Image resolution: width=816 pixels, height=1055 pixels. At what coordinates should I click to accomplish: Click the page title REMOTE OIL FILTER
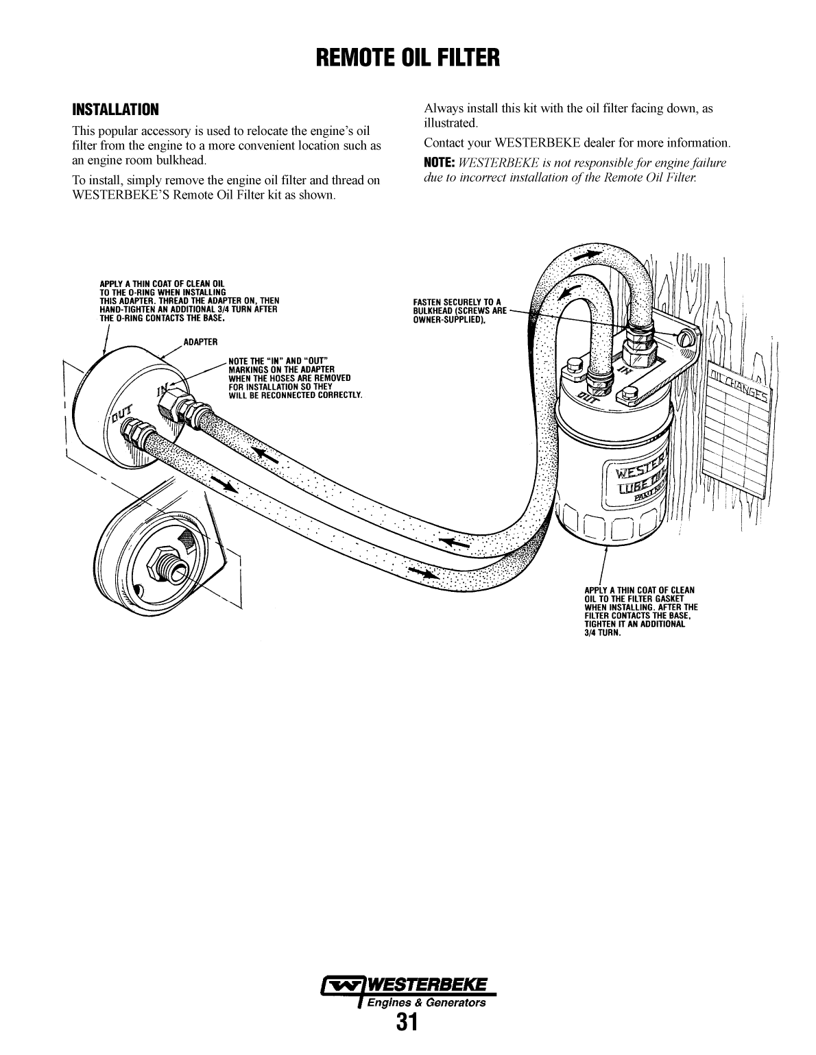(408, 58)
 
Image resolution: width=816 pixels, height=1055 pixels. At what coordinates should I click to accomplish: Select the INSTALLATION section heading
(115, 110)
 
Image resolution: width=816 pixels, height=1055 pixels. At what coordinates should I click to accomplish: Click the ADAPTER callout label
(200, 342)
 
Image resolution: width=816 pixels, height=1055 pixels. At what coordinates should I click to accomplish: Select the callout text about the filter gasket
(640, 611)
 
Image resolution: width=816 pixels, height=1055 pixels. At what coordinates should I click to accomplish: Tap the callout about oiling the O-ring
(188, 301)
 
